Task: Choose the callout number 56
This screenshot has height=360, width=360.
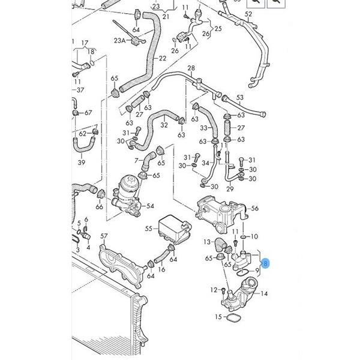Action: [x=254, y=208]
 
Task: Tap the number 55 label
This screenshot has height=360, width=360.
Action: [x=149, y=229]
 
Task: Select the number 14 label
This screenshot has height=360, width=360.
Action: [x=265, y=293]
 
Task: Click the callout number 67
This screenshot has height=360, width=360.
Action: [x=88, y=112]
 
